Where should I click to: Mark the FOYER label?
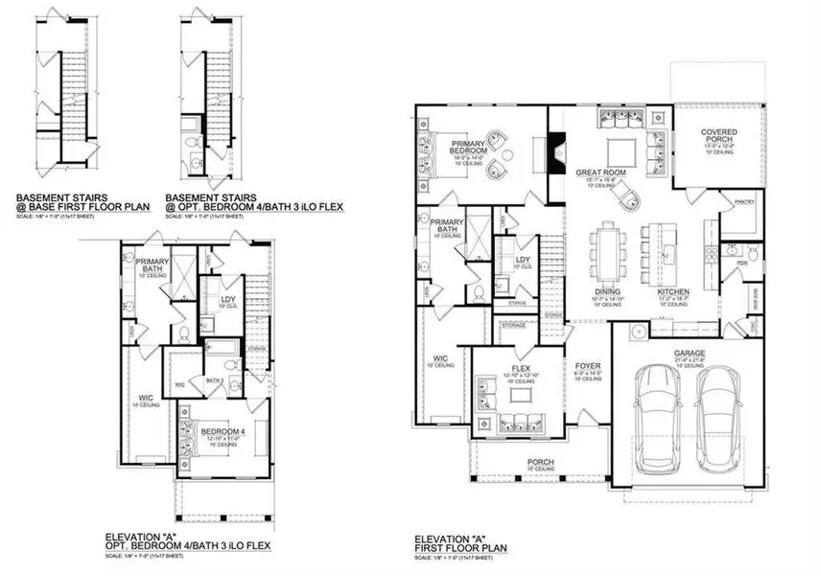[587, 367]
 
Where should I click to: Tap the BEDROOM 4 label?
[222, 431]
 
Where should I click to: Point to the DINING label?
[606, 292]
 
